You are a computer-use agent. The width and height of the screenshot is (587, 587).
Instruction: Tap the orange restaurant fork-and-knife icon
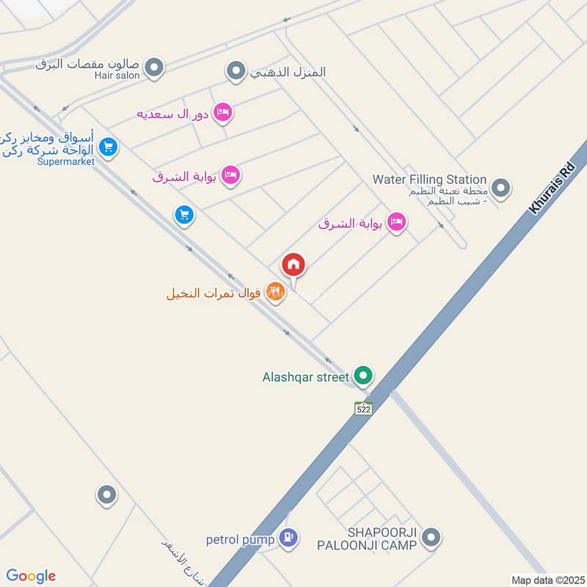(x=274, y=293)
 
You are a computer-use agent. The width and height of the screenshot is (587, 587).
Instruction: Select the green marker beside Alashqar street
(x=362, y=377)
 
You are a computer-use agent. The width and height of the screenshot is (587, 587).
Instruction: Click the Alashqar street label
(x=306, y=378)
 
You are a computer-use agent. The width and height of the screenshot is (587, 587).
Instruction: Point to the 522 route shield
(x=363, y=409)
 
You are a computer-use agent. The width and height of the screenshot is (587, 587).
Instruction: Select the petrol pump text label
(x=240, y=540)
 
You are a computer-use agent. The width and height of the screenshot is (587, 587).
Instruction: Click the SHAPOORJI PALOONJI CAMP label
(x=366, y=539)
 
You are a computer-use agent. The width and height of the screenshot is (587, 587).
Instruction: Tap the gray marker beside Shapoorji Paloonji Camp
(x=431, y=539)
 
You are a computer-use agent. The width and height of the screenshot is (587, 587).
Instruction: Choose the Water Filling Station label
(x=429, y=179)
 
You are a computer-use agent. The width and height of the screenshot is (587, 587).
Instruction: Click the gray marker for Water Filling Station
(x=501, y=189)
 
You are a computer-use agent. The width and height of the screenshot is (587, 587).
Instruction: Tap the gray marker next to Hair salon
(x=154, y=69)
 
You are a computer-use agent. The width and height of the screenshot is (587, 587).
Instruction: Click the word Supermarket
(x=66, y=161)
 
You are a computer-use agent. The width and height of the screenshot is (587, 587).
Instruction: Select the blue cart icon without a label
(x=183, y=215)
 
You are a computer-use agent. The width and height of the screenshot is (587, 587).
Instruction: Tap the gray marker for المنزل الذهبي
(x=236, y=71)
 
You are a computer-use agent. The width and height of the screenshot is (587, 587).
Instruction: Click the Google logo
(x=31, y=576)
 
